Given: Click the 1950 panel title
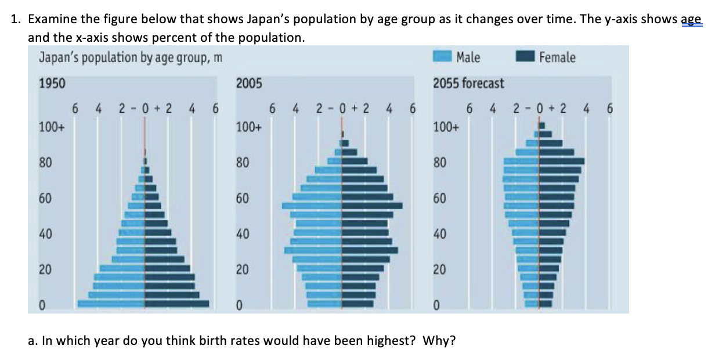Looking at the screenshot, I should pyautogui.click(x=52, y=84).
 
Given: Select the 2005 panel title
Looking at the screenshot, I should pyautogui.click(x=249, y=84).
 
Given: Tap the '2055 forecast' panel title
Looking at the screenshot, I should pyautogui.click(x=468, y=84).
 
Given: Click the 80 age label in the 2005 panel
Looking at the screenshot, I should pyautogui.click(x=243, y=163).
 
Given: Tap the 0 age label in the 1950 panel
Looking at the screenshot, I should pyautogui.click(x=42, y=305).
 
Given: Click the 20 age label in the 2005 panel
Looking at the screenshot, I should pyautogui.click(x=243, y=270).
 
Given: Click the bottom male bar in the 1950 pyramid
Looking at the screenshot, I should pyautogui.click(x=111, y=303).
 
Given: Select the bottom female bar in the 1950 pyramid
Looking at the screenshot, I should pyautogui.click(x=176, y=303).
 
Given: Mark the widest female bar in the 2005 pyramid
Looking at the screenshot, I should pyautogui.click(x=372, y=206).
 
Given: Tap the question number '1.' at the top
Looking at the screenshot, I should pyautogui.click(x=16, y=19).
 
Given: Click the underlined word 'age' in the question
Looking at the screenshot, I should pyautogui.click(x=690, y=19).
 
